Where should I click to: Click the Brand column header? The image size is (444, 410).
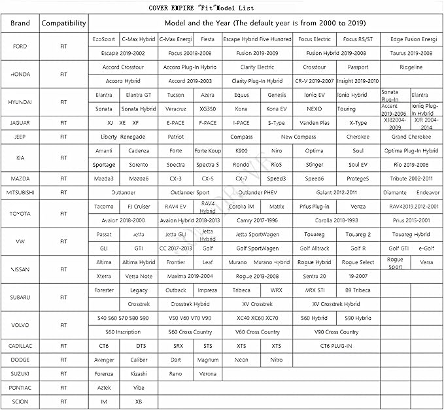(20, 23)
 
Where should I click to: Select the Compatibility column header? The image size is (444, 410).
(63, 23)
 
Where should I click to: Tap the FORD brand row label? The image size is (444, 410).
(20, 46)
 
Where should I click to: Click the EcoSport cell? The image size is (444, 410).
(104, 39)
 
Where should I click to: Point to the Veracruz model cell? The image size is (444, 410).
(176, 109)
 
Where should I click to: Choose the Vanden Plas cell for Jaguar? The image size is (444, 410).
(315, 122)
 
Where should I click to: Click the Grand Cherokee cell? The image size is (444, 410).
(411, 137)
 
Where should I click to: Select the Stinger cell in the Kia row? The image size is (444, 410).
(314, 165)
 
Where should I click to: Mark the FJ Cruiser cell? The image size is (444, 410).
(139, 207)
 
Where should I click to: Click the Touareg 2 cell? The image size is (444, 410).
(358, 234)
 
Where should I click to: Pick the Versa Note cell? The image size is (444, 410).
(139, 276)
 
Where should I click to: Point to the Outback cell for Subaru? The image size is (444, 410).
(176, 290)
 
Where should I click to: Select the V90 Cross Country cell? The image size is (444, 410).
(336, 332)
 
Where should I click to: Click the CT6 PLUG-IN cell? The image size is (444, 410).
(336, 345)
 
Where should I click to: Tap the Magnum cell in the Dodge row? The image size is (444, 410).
(208, 360)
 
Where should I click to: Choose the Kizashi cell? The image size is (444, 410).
(139, 373)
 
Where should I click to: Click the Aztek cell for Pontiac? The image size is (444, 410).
(104, 387)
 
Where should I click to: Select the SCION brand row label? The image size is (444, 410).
(20, 401)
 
